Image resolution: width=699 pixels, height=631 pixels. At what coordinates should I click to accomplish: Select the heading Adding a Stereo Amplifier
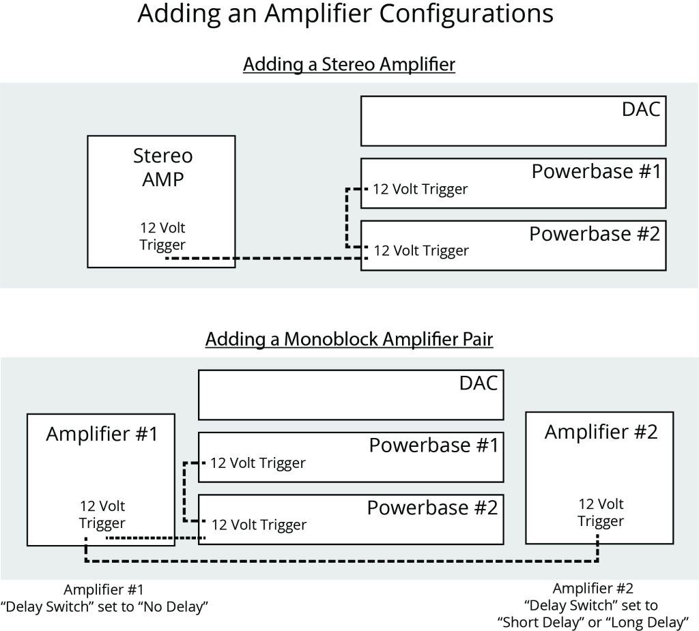click(x=349, y=65)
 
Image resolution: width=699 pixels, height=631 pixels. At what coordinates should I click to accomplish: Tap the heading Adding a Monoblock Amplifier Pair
click(x=349, y=339)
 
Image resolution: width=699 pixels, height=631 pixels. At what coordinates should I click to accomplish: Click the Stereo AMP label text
click(x=162, y=168)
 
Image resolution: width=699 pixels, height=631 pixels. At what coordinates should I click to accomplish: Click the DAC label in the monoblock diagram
click(x=478, y=383)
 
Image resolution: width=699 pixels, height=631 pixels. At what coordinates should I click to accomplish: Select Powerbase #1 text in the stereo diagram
click(x=596, y=171)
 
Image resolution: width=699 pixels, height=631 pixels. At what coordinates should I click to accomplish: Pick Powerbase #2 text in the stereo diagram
click(x=595, y=234)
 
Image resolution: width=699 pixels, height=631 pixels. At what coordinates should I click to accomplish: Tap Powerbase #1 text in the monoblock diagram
click(x=433, y=445)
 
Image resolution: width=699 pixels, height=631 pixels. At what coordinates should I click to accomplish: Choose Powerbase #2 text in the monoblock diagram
click(x=432, y=508)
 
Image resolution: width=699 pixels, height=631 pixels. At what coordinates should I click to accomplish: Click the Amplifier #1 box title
click(x=102, y=434)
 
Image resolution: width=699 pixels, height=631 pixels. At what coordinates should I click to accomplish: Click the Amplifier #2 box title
click(x=601, y=432)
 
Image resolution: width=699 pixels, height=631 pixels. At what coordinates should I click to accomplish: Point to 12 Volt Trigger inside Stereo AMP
click(x=162, y=236)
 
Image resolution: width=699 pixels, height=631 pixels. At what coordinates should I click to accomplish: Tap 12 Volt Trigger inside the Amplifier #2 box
click(x=601, y=512)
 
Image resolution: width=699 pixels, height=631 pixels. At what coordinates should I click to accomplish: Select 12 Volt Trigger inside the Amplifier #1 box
click(x=102, y=514)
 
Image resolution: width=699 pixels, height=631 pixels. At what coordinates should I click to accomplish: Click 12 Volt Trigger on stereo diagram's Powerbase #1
click(x=420, y=189)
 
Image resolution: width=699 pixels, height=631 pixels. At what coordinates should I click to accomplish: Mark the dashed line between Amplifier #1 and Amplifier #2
click(x=341, y=561)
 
